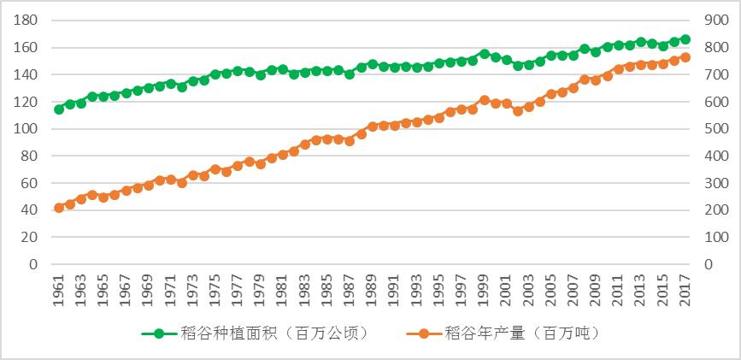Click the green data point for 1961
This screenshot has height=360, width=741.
coord(59,109)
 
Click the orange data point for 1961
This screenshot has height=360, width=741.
coord(59,208)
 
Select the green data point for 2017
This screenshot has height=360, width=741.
coord(685,39)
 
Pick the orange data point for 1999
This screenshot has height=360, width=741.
coord(485,100)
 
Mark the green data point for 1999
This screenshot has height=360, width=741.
coord(485,54)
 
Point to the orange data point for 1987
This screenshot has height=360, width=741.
coord(350,140)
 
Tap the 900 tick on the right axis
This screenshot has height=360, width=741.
coord(716,21)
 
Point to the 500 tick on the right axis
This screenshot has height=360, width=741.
coord(716,129)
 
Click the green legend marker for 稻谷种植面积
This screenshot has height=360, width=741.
coord(159,333)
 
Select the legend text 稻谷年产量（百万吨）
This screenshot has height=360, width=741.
coord(522,333)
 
